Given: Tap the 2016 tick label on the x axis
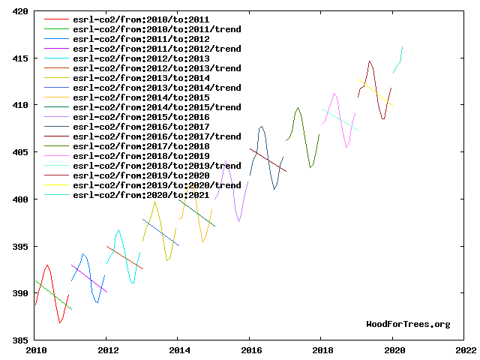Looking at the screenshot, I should tap(250, 349).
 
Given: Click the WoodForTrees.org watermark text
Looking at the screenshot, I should tap(408, 324).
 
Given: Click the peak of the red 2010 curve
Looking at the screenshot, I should tap(47, 265).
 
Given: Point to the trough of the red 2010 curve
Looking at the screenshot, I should tap(60, 322).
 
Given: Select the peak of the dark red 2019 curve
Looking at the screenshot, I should tap(370, 61).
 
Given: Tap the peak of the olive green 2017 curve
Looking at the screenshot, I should tap(298, 107).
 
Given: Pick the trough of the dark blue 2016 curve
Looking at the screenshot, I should tap(274, 189).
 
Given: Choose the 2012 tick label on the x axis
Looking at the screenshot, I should tap(106, 349).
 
